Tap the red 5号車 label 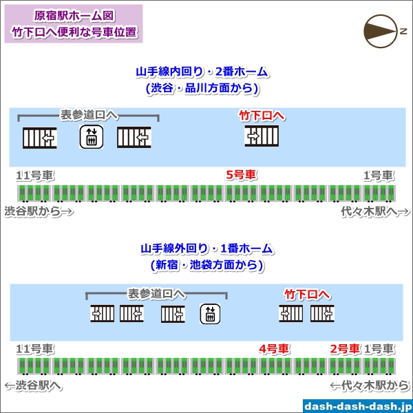click(x=241, y=176)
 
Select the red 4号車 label click(x=274, y=349)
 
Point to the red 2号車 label click(x=345, y=349)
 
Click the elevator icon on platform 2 click(x=92, y=138)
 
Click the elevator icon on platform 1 click(x=210, y=314)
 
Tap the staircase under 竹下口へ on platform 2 click(x=262, y=137)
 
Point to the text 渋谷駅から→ click(x=39, y=212)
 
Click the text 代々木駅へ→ click(x=372, y=212)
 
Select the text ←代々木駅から click(x=370, y=386)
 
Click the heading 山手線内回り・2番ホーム click(x=202, y=72)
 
